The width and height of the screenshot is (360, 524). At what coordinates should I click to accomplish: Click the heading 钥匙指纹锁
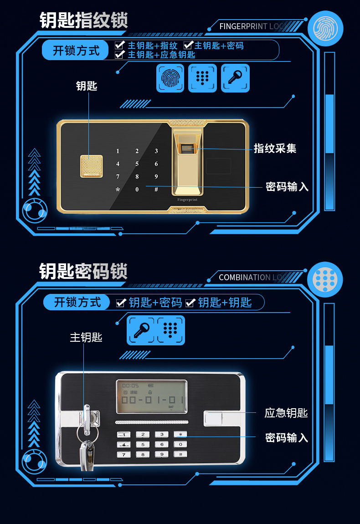(x=83, y=21)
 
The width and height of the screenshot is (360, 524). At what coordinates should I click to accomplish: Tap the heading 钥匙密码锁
(x=83, y=271)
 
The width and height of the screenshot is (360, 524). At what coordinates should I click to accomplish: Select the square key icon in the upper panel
(x=235, y=78)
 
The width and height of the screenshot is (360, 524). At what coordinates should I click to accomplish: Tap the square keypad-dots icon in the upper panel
(x=203, y=78)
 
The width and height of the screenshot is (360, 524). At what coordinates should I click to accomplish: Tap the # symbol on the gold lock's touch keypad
(x=156, y=189)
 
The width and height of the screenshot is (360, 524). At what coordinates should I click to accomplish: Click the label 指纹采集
(x=275, y=148)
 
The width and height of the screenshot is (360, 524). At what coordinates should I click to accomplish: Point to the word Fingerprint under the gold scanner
(x=188, y=199)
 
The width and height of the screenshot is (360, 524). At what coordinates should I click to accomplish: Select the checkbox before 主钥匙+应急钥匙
(x=119, y=55)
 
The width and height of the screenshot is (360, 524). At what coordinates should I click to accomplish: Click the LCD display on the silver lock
(x=151, y=395)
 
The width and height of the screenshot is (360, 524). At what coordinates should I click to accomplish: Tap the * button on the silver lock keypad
(x=180, y=435)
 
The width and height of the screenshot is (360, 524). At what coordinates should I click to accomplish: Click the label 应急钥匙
(x=286, y=413)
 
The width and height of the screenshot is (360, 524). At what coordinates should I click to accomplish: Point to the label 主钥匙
(x=86, y=337)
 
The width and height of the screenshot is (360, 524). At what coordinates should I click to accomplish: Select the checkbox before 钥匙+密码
(x=121, y=303)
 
